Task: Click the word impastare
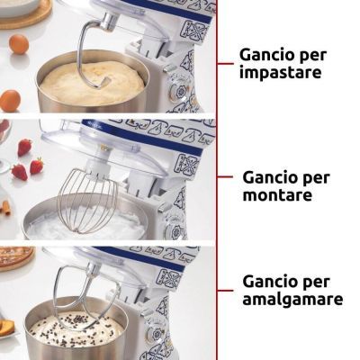pos(280,73)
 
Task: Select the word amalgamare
pos(292,299)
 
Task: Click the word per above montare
pos(315,179)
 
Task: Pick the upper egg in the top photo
pos(19,44)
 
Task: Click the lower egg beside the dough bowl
pos(10,101)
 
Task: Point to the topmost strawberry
pos(24,148)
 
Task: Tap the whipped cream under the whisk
pos(87,222)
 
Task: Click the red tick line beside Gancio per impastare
pos(225,64)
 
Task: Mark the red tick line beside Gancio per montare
pos(225,177)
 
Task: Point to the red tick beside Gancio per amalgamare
pos(225,291)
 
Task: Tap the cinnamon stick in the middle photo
pos(6,208)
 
